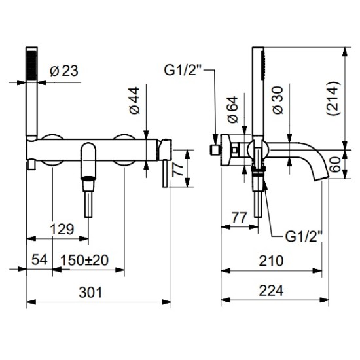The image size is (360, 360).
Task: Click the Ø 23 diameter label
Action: pos(64,71)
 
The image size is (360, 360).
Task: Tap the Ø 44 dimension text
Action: pos(135,100)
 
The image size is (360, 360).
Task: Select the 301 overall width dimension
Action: pos(90,293)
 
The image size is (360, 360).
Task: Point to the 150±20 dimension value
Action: pos(84,260)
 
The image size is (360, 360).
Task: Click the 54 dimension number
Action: pos(39,260)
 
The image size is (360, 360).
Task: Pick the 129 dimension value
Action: pos(62,229)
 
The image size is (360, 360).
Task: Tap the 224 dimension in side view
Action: pos(271,291)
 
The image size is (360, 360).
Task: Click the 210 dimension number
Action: pos(271,261)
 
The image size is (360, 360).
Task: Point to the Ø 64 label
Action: pos(232,109)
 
